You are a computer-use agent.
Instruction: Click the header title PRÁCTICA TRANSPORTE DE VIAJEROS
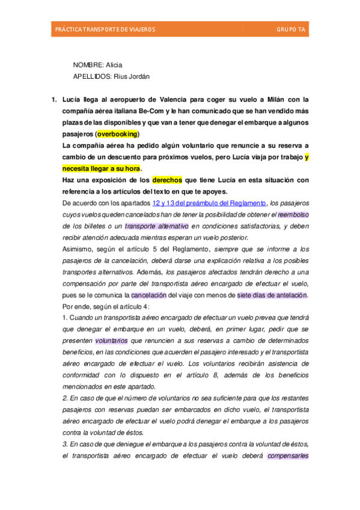click(105, 29)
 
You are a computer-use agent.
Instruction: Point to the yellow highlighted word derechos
click(167, 180)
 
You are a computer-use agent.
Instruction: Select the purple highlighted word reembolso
click(293, 215)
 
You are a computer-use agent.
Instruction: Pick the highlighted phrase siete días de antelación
click(272, 295)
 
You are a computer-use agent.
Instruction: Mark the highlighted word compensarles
click(288, 455)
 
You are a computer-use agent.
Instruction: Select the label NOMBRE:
click(88, 65)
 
